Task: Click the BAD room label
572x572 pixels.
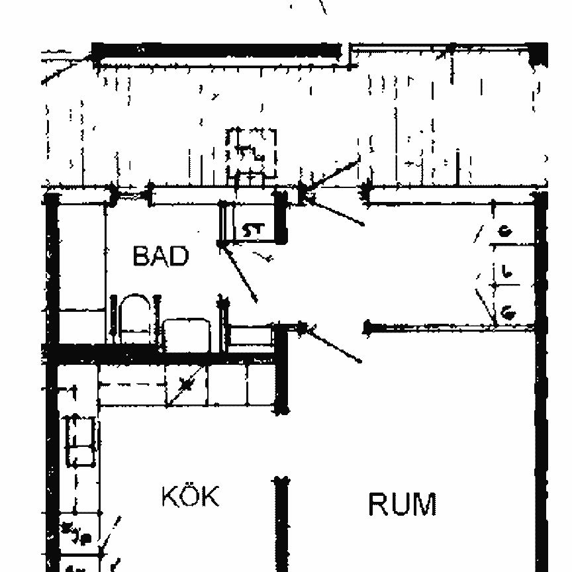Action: click(x=160, y=256)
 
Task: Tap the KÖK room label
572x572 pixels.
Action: click(x=190, y=496)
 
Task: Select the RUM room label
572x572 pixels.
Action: click(x=402, y=504)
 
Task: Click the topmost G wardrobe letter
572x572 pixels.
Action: click(x=506, y=231)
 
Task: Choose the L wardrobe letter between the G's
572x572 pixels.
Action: click(x=506, y=271)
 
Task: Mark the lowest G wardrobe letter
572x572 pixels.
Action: click(x=508, y=311)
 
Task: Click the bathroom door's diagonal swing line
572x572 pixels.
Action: click(x=240, y=273)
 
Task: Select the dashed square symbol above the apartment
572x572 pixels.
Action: click(x=251, y=154)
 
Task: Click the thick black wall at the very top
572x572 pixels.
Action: click(x=218, y=51)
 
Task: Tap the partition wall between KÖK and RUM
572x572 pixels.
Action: click(x=282, y=523)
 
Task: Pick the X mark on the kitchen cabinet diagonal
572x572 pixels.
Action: click(x=186, y=385)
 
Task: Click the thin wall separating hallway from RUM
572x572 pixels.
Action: click(x=430, y=326)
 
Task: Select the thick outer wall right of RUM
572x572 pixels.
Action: click(x=541, y=397)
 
